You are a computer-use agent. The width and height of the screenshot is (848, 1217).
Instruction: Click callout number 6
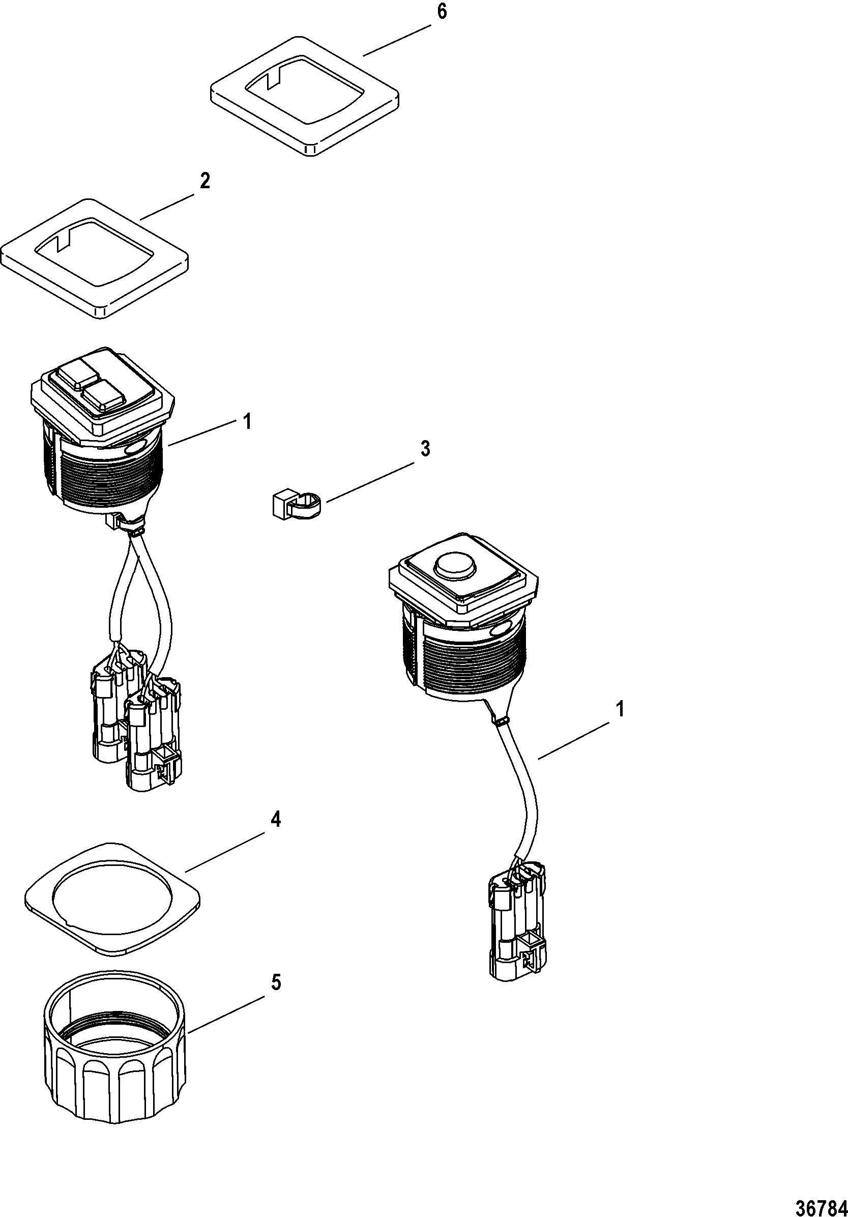coord(441,12)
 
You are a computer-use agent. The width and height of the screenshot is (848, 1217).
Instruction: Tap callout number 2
coord(204,181)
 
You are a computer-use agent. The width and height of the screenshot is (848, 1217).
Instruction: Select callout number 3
coord(425,448)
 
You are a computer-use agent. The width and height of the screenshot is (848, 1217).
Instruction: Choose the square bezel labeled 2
coord(95,258)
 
